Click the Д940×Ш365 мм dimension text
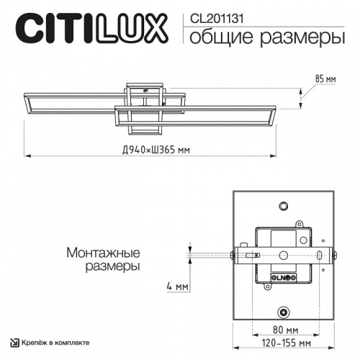click(156, 150)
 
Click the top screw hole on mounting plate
click(283, 205)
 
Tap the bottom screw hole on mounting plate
click(283, 312)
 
